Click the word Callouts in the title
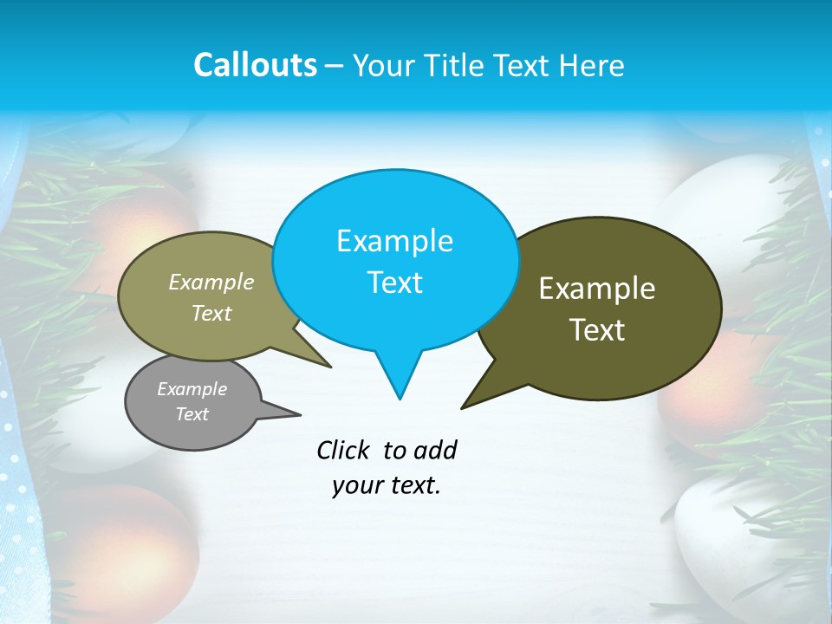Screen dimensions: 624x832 click(255, 65)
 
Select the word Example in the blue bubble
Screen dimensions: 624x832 click(394, 241)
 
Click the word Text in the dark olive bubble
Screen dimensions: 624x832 click(598, 329)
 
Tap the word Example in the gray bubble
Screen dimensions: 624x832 click(192, 389)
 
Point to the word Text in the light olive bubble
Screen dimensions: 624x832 click(211, 313)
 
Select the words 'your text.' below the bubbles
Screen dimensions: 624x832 click(387, 486)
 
